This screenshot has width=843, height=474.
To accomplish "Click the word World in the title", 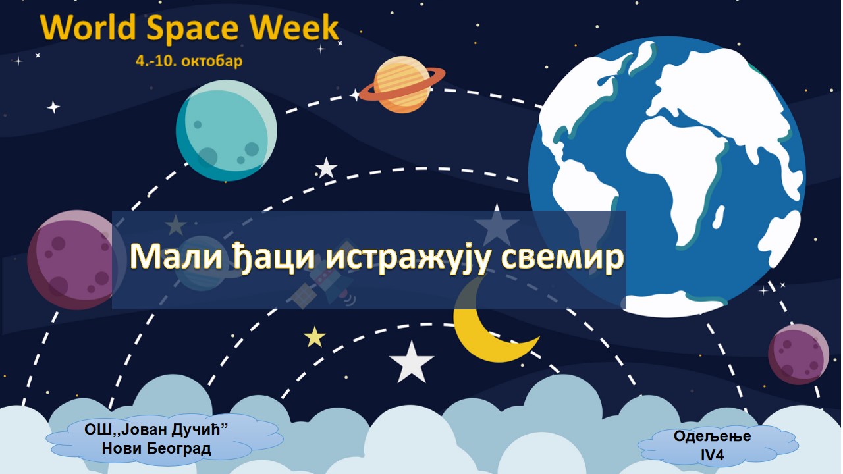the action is click(88, 28).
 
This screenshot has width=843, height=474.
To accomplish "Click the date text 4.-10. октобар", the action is click(189, 61).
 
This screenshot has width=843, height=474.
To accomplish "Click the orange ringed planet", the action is click(402, 84).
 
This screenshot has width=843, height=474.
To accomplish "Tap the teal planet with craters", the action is click(227, 130).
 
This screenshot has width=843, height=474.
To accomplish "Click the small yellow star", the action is click(315, 337).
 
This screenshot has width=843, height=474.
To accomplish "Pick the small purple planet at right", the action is click(798, 354).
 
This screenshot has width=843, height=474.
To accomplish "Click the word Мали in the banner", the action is click(176, 257).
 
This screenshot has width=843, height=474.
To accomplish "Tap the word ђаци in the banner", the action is click(274, 259).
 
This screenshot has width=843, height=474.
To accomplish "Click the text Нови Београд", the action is click(157, 448).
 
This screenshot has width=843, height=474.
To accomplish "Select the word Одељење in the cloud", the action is click(712, 436).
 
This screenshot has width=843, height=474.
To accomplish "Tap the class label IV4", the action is click(712, 455).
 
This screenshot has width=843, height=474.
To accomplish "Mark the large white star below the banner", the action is click(412, 362).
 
